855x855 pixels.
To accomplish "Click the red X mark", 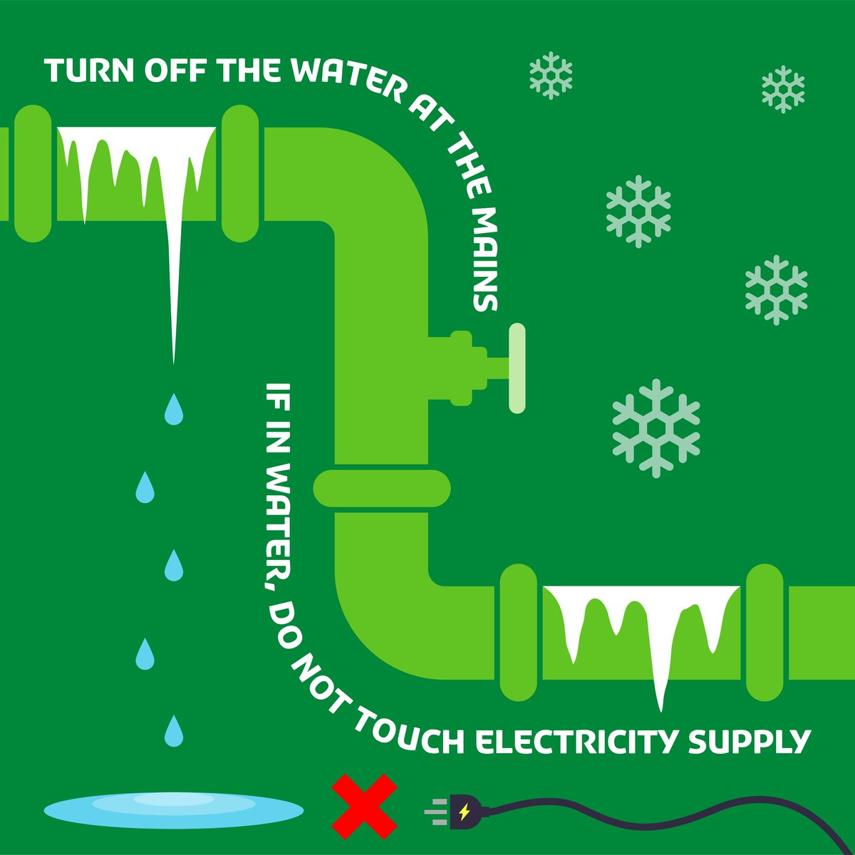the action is pyautogui.click(x=365, y=807).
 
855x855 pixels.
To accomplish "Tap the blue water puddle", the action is pyautogui.click(x=174, y=809).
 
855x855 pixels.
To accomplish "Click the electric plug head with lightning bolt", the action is pyautogui.click(x=467, y=811).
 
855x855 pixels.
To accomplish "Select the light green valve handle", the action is pyautogui.click(x=517, y=368).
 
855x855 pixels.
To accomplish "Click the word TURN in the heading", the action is pyautogui.click(x=89, y=71).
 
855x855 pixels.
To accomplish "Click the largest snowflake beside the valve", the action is pyautogui.click(x=656, y=427).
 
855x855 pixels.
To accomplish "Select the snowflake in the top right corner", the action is pyautogui.click(x=783, y=89).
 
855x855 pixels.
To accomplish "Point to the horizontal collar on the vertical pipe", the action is pyautogui.click(x=383, y=488).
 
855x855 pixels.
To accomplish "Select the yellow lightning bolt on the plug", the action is pyautogui.click(x=465, y=811).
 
